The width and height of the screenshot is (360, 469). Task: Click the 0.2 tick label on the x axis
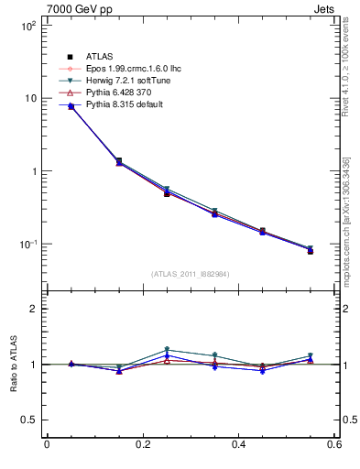[x=142, y=446]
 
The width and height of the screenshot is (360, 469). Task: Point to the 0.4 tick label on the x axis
[x=238, y=446]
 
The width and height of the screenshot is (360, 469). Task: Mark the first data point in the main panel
[x=71, y=106]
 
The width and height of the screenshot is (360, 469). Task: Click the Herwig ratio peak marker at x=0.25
[x=167, y=350]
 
